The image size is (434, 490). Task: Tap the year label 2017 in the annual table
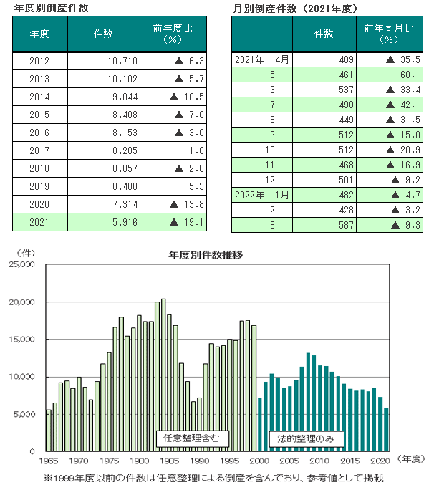(40, 150)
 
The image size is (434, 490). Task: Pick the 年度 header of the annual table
(40, 34)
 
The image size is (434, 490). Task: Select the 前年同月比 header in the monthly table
(388, 34)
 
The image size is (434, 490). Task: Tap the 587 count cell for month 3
(324, 226)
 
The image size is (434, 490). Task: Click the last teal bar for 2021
(387, 430)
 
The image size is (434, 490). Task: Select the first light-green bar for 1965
(48, 431)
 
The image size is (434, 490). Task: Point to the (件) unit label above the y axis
(25, 253)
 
